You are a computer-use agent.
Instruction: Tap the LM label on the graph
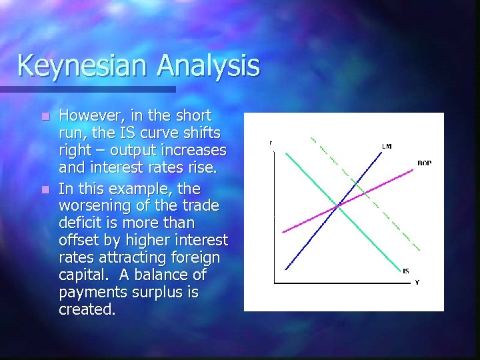[387, 146]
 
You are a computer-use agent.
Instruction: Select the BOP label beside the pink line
[424, 163]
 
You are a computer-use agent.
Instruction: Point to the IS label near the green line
[406, 271]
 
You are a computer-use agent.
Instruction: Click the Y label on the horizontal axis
[417, 283]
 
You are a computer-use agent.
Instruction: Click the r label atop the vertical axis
[271, 143]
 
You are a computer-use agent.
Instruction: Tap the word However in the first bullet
[89, 115]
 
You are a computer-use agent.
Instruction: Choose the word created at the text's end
[87, 309]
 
